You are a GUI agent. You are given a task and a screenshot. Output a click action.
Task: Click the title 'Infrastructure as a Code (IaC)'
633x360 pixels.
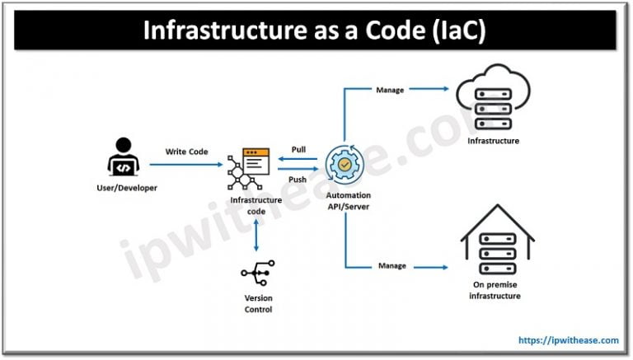[x=316, y=30]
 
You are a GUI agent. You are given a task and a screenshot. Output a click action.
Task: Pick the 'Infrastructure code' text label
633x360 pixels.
[x=256, y=204]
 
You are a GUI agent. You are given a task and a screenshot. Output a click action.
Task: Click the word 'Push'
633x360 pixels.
[x=298, y=179]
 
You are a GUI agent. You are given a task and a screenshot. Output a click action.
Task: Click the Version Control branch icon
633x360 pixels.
[x=256, y=274]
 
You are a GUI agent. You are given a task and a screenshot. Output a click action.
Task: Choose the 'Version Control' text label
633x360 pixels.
[x=256, y=304]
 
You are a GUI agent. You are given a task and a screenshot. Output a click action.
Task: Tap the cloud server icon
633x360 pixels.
[x=494, y=101]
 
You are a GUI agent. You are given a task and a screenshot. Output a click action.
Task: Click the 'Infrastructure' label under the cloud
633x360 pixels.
[x=493, y=141]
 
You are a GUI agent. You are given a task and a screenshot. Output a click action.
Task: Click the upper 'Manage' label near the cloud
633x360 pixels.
[x=390, y=90]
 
